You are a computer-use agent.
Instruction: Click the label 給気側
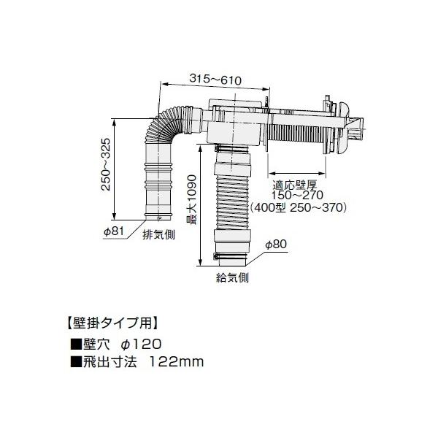coord(232,277)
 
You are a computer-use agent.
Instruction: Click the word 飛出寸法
coord(108,361)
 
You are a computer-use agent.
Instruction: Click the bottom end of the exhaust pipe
coord(158,216)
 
